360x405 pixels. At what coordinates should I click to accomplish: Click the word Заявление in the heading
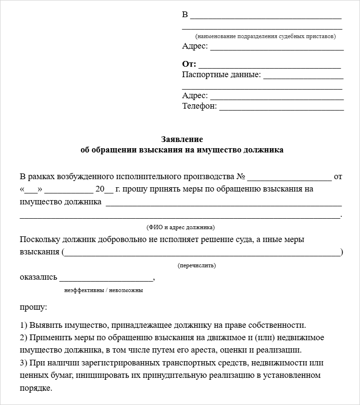pos(182,139)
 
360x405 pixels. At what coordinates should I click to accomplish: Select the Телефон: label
pos(199,106)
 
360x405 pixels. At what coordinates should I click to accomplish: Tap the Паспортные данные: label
pos(221,75)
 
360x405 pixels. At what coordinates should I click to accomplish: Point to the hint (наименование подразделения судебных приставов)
pos(266,36)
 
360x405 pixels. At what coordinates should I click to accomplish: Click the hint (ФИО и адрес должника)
pos(180,227)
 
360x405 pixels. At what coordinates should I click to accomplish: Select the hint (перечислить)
pos(196,265)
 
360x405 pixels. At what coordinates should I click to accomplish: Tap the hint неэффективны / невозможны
pos(103,290)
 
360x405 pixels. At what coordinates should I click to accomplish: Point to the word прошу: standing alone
pos(33,307)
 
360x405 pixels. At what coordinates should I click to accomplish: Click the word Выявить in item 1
pos(44,325)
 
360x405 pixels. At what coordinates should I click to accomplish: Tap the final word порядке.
pos(36,388)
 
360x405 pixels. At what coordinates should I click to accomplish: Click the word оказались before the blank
pos(39,277)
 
